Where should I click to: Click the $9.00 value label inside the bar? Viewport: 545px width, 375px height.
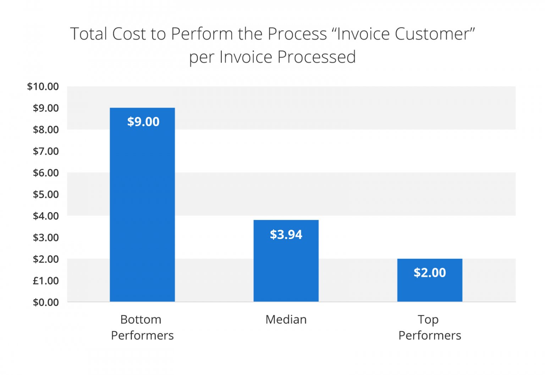(143, 122)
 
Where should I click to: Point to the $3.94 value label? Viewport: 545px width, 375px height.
(286, 235)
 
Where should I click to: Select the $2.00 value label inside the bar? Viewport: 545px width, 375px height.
(430, 273)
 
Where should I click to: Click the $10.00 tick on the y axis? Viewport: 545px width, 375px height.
(43, 86)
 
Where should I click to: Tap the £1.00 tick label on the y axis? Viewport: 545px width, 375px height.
(46, 281)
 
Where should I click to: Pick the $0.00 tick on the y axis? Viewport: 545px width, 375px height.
(46, 302)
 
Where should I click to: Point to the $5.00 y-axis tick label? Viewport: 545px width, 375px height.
(46, 194)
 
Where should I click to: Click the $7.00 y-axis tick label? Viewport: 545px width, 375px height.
(46, 151)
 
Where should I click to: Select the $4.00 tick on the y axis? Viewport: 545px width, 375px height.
(46, 216)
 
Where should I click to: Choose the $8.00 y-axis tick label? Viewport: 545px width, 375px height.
(46, 130)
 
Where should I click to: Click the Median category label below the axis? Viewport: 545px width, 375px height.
(286, 320)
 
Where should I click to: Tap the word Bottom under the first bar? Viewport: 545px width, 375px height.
(141, 320)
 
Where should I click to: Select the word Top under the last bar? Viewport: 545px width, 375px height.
(428, 320)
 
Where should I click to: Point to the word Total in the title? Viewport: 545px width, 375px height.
(89, 34)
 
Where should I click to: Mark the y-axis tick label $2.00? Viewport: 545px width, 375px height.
(46, 259)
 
